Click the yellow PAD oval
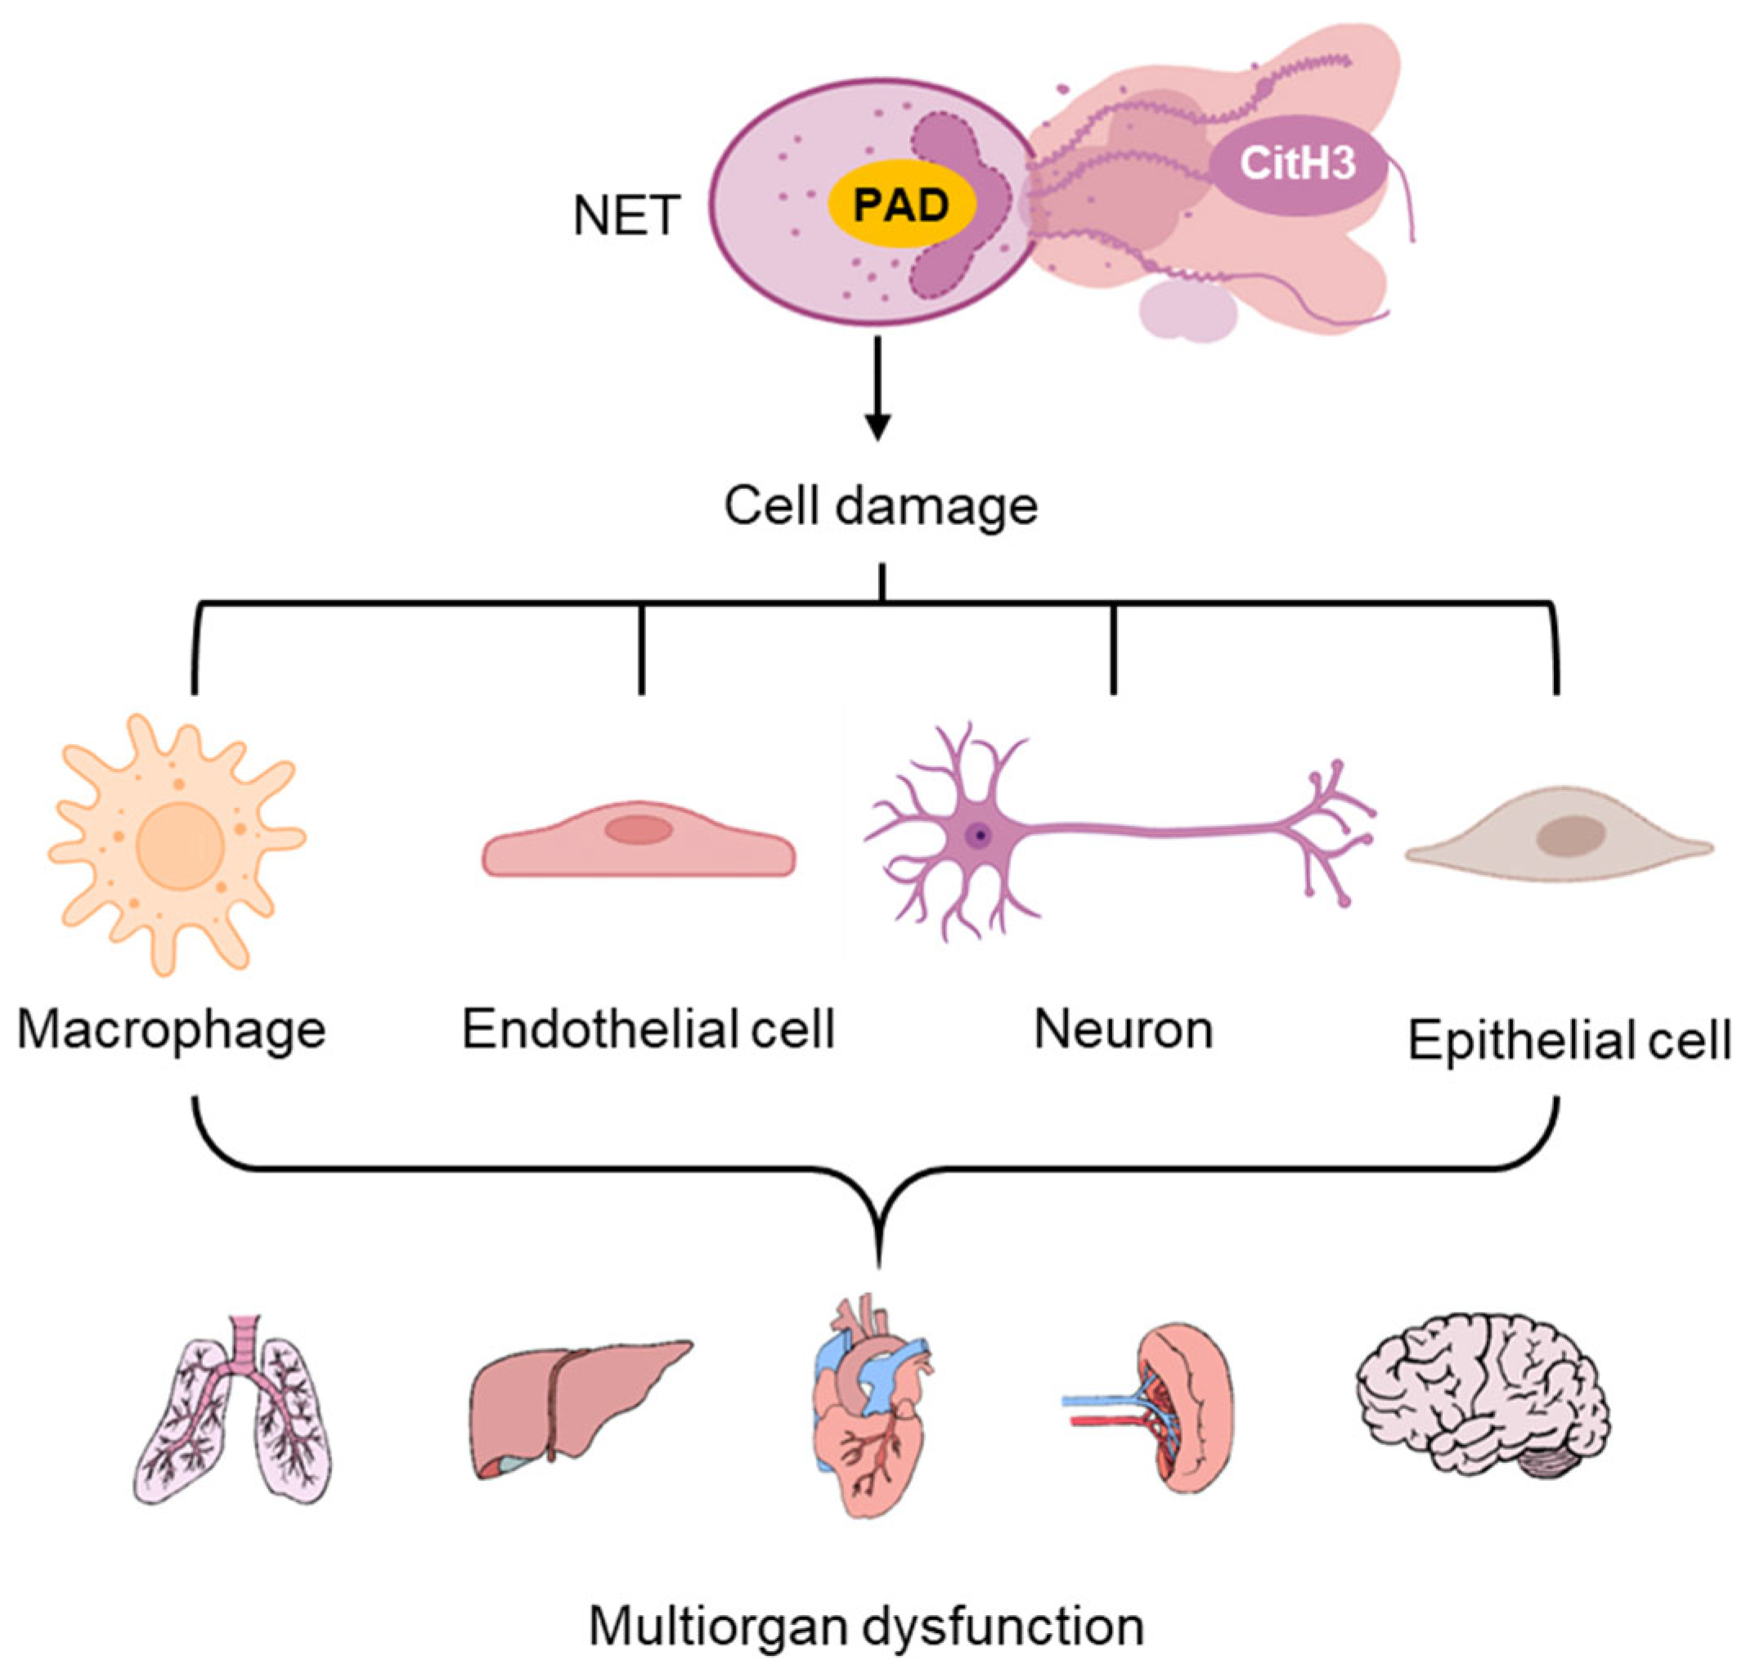pyautogui.click(x=902, y=205)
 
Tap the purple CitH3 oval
pyautogui.click(x=1297, y=164)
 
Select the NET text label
pyautogui.click(x=626, y=216)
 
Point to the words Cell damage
pyautogui.click(x=881, y=506)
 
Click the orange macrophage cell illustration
pyautogui.click(x=178, y=846)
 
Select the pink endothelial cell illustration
pyautogui.click(x=639, y=846)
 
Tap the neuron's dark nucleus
pyautogui.click(x=980, y=836)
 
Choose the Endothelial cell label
pyautogui.click(x=648, y=1030)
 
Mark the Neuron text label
pyautogui.click(x=1124, y=1030)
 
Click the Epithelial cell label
pyautogui.click(x=1569, y=1039)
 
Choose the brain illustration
pyautogui.click(x=1483, y=1406)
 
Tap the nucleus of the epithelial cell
pyautogui.click(x=1572, y=837)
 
